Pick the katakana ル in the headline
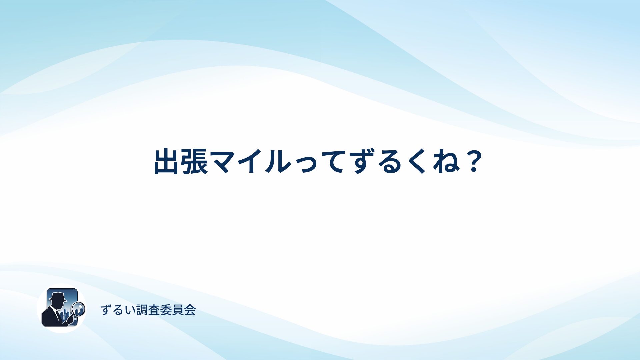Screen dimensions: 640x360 (278, 162)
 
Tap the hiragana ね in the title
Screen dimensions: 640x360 (447, 162)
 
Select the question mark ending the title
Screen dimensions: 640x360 (474, 162)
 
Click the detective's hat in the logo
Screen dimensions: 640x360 (58, 296)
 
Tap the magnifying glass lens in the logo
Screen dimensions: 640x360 (79, 308)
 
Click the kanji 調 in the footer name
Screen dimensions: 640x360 (142, 310)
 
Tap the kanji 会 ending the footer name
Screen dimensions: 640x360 (190, 310)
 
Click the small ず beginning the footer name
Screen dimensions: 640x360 (106, 310)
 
